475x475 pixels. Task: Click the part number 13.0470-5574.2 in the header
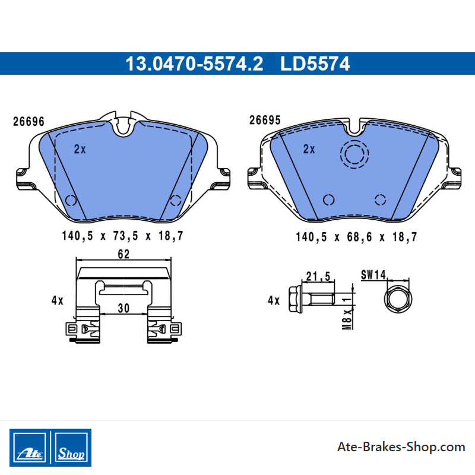coord(194,64)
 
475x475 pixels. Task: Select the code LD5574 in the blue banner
coord(315,64)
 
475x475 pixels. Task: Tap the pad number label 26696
coord(28,122)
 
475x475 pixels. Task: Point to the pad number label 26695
coord(265,121)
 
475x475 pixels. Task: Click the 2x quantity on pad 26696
coord(80,149)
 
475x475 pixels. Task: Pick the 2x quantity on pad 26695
coord(309,149)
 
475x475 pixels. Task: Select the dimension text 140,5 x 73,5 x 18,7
coord(123,236)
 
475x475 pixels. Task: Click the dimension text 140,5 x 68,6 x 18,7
coord(357,237)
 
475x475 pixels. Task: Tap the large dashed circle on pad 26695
coord(354,140)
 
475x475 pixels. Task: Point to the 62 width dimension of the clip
coord(123,254)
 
